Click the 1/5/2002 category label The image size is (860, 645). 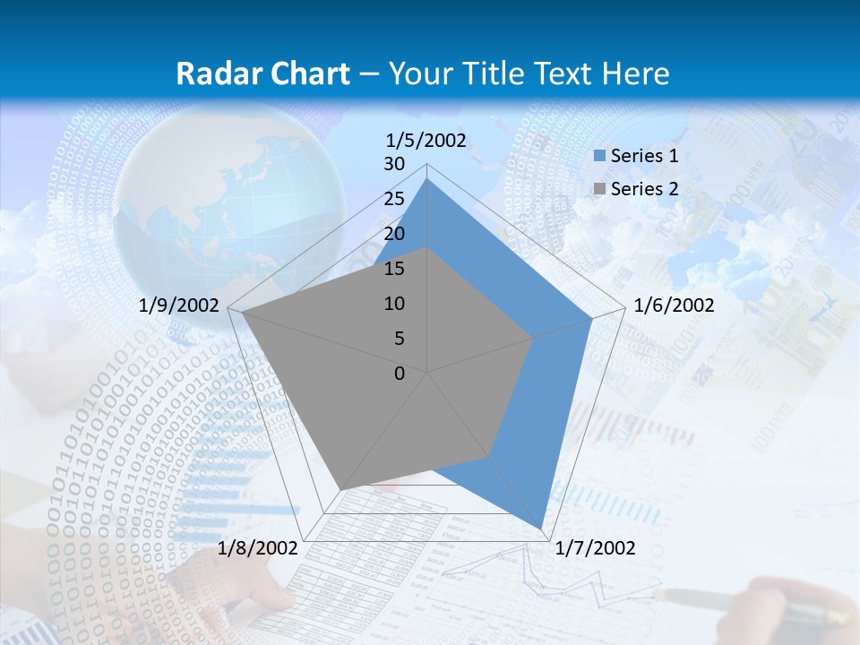426,140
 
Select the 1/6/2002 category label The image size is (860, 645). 674,305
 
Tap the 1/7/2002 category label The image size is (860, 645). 595,548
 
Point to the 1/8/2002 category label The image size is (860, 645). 258,548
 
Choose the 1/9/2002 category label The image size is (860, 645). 179,305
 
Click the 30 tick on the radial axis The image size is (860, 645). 394,164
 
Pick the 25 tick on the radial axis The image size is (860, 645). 394,199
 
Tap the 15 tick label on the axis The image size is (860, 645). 394,269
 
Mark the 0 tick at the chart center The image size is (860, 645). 400,374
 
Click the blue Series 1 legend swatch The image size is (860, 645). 599,157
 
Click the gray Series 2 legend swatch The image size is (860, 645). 599,189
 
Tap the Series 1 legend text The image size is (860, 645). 644,156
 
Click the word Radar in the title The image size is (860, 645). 217,73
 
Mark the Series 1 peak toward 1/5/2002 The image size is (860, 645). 427,179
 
